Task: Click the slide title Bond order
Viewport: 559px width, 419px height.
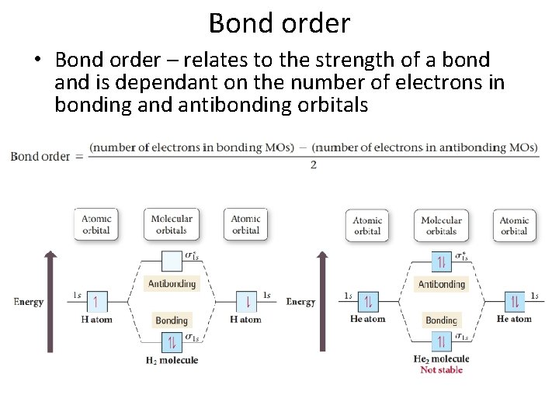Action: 279,23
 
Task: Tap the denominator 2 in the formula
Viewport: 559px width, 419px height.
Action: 313,164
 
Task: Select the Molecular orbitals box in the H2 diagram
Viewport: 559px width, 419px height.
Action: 171,224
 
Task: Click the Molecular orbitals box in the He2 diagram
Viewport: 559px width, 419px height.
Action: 441,225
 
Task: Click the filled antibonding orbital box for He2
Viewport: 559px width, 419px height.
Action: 441,262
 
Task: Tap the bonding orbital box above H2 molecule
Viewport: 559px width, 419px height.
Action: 172,341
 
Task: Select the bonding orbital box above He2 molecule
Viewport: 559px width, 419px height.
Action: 441,341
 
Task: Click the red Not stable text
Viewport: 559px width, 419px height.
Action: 441,370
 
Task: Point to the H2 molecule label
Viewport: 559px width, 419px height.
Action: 172,360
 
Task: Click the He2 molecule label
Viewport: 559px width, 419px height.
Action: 441,359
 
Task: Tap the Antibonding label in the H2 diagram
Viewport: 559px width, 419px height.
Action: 172,283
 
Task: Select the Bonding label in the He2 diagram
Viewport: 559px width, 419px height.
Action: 441,320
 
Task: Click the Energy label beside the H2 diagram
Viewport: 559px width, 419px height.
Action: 28,302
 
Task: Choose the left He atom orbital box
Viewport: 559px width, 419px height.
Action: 367,301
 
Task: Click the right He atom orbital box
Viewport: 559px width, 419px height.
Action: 514,301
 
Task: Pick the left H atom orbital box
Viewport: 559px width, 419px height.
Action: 96,301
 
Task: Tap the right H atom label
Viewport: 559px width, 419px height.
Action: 245,319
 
